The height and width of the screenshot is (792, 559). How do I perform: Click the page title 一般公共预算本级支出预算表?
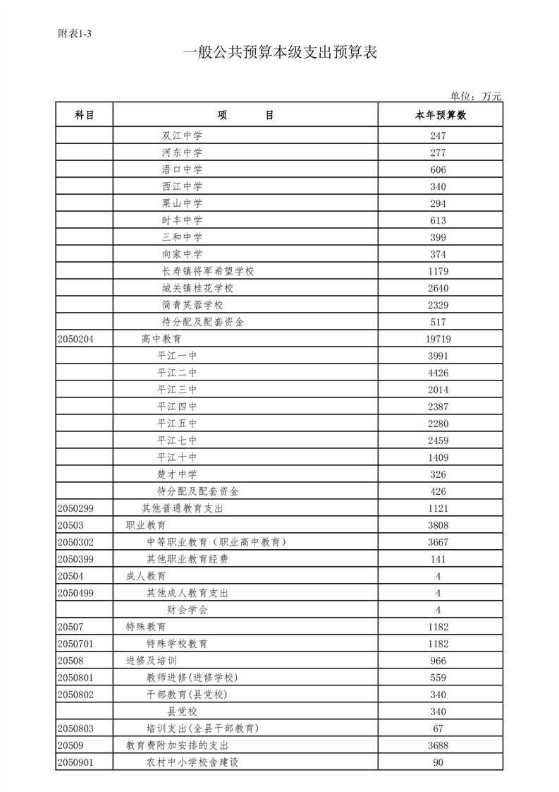coord(280,53)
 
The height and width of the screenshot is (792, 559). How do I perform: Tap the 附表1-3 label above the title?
coord(75,33)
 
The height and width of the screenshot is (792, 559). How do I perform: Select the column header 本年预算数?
coord(441,116)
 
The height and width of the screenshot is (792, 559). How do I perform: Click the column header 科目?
coord(85,116)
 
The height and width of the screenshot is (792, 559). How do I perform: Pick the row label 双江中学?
coord(182,136)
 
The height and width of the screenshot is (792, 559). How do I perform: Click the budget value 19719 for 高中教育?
coord(438,340)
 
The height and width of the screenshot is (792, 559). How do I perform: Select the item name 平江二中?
coord(177,373)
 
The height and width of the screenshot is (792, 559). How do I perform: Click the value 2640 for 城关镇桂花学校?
coord(438,289)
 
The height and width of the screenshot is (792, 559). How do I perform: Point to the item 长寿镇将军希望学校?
coord(208,272)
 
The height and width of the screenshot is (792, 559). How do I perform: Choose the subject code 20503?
coord(70,526)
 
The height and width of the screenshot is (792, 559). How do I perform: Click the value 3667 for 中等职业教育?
coord(438,543)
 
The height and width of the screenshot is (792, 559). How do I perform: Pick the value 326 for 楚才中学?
coord(438,475)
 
